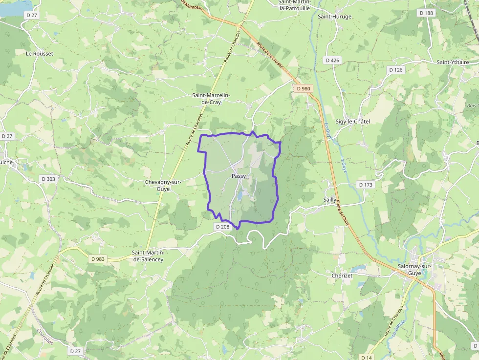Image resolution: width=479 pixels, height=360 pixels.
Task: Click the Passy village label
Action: [239, 176]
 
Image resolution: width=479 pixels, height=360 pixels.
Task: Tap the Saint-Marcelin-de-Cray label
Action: [214, 99]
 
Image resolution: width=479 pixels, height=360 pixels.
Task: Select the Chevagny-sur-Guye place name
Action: [163, 185]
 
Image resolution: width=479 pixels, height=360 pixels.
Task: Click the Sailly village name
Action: [330, 200]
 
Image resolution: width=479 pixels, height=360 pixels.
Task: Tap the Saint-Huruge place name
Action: [334, 16]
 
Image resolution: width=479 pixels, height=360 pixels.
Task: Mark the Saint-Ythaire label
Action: [453, 62]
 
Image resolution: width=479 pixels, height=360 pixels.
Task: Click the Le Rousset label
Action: [40, 53]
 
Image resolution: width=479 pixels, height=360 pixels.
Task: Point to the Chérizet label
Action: [342, 275]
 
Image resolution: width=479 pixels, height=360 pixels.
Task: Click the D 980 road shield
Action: [304, 88]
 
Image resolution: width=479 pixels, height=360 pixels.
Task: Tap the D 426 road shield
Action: [332, 60]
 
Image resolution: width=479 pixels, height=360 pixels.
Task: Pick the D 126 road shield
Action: [396, 70]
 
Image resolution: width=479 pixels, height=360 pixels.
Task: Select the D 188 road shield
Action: [426, 13]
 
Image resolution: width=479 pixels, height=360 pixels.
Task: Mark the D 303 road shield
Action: [49, 179]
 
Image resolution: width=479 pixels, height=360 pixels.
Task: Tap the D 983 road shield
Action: [98, 259]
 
